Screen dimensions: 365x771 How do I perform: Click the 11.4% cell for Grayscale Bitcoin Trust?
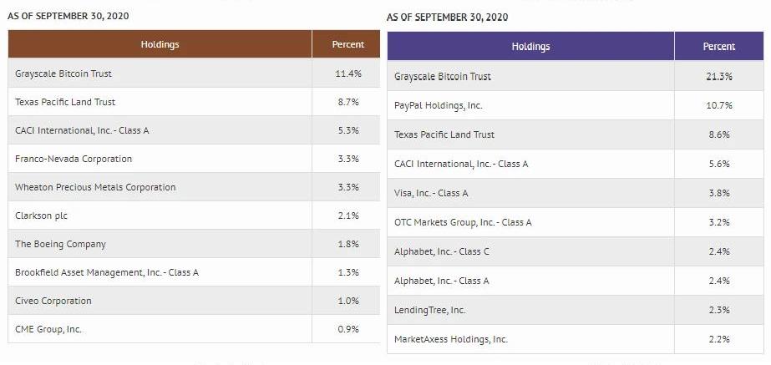point(347,74)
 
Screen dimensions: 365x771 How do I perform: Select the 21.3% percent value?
point(718,76)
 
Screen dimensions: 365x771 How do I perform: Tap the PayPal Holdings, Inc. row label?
point(438,105)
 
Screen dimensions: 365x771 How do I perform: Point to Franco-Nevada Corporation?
point(74,159)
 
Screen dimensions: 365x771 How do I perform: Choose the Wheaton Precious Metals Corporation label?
point(95,187)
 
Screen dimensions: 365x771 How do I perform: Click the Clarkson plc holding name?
point(41,215)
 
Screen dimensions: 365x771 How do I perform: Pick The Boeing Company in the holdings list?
point(60,244)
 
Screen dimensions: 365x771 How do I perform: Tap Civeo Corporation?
point(53,301)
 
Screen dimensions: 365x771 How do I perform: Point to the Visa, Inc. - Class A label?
point(431,193)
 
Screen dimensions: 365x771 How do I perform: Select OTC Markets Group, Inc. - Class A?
point(463,222)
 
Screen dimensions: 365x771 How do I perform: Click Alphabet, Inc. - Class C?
point(442,251)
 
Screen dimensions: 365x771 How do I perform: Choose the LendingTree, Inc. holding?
point(430,310)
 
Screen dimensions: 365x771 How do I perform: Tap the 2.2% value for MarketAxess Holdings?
point(718,339)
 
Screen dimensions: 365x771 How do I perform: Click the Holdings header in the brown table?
point(160,44)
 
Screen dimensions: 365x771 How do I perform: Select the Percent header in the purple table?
point(718,47)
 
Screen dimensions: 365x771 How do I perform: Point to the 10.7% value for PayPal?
point(718,105)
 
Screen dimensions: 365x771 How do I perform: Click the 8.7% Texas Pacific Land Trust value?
point(347,102)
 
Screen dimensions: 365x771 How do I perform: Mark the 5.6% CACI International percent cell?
point(718,164)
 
